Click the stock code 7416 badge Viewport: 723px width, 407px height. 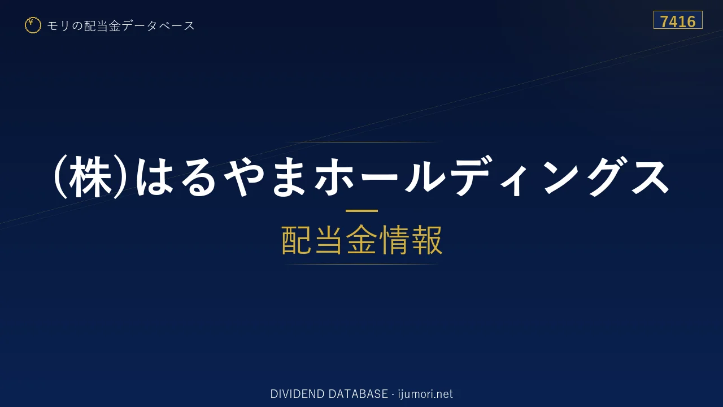click(678, 20)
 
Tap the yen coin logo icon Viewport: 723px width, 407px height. click(33, 25)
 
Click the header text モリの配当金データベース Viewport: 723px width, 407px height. click(121, 25)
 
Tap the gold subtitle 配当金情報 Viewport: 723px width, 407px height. click(361, 240)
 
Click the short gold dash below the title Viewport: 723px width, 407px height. click(361, 211)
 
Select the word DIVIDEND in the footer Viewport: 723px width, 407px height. click(297, 394)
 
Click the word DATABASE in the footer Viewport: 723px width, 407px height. click(358, 394)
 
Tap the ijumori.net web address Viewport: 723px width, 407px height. click(425, 394)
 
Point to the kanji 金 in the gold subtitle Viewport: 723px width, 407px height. click(361, 240)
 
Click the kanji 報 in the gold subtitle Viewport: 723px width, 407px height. click(426, 240)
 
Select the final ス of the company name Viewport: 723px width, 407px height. click(650, 177)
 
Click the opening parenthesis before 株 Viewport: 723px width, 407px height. click(60, 177)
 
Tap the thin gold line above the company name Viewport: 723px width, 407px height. click(361, 142)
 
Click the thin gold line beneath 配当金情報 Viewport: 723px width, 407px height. click(361, 264)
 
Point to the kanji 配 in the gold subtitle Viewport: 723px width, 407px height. click(297, 240)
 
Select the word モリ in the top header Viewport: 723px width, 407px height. click(58, 25)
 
